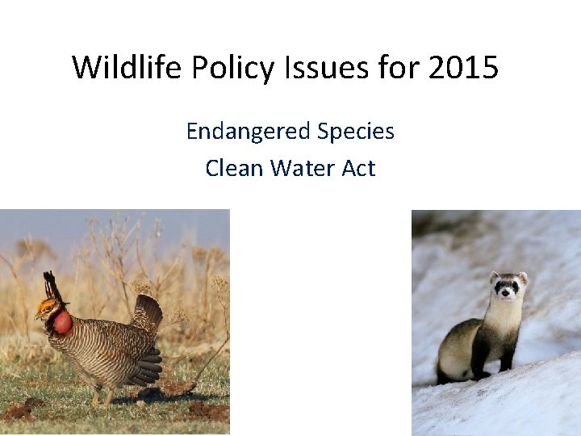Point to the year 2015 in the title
463,68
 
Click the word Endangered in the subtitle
246,131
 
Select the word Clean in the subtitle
234,168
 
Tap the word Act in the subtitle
358,168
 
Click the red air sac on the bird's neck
62,323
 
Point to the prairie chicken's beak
37,316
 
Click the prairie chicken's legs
101,396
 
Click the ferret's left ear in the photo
493,277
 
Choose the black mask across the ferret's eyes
508,286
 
